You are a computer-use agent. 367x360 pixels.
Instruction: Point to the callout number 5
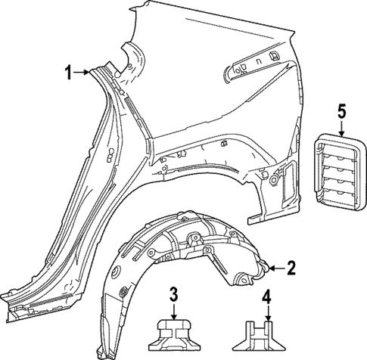341,112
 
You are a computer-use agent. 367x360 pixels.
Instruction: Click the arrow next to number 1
82,73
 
